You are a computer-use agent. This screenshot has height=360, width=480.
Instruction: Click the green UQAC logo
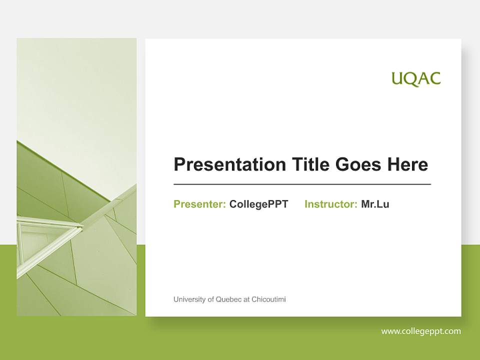[416, 79]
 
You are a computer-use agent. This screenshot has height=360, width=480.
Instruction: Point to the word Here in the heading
[407, 164]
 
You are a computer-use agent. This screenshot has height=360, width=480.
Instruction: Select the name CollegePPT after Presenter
[258, 204]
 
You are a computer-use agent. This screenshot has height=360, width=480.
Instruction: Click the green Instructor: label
[330, 204]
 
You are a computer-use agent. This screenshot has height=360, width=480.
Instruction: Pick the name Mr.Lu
[375, 204]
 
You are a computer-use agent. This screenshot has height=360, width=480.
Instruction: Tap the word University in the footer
[190, 299]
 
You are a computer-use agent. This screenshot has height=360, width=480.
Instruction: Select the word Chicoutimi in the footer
[268, 299]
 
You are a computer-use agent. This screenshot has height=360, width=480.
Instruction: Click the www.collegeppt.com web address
[421, 331]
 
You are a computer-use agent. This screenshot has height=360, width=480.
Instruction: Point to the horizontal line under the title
[302, 184]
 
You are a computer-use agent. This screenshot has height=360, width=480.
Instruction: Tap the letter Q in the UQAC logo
[410, 79]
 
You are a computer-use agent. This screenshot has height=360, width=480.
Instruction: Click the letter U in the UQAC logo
[397, 79]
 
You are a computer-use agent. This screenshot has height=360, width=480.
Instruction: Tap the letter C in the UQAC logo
[434, 79]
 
